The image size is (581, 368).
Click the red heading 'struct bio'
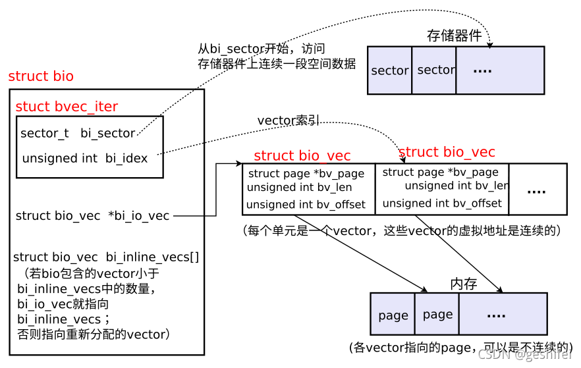pyautogui.click(x=41, y=76)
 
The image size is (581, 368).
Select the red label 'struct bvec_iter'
pyautogui.click(x=67, y=107)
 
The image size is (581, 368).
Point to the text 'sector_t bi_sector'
pyautogui.click(x=78, y=134)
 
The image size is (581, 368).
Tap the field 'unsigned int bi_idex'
pyautogui.click(x=85, y=159)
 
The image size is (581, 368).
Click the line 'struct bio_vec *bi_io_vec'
pyautogui.click(x=92, y=216)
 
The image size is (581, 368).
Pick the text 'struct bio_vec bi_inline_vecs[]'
pyautogui.click(x=106, y=257)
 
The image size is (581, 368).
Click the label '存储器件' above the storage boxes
pyautogui.click(x=455, y=36)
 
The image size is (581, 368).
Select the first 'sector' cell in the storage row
pyautogui.click(x=390, y=70)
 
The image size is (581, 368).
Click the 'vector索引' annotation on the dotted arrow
pyautogui.click(x=289, y=120)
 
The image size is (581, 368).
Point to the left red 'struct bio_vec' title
pyautogui.click(x=302, y=155)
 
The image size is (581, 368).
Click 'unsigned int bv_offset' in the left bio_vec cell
pyautogui.click(x=306, y=205)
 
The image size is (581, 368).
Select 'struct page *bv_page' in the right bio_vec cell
pyautogui.click(x=441, y=172)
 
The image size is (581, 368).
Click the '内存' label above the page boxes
pyautogui.click(x=464, y=284)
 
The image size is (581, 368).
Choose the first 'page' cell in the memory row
pyautogui.click(x=393, y=315)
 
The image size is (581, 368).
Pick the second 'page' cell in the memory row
pyautogui.click(x=437, y=315)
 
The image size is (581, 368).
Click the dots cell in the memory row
pyautogui.click(x=503, y=315)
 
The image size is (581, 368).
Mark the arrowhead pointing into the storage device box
pyautogui.click(x=491, y=44)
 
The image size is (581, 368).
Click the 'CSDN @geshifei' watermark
pyautogui.click(x=525, y=355)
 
